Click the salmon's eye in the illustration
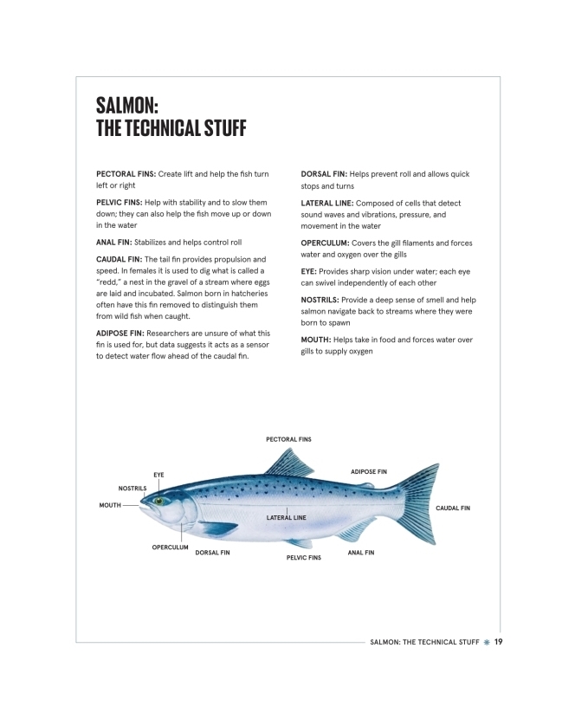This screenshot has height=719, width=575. (159, 501)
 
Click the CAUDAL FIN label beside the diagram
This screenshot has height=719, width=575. (453, 508)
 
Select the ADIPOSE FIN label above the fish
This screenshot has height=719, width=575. (368, 471)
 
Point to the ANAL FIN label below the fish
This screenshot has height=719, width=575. (360, 552)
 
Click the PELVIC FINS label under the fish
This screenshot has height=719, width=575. (304, 558)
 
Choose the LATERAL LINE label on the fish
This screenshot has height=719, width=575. (287, 517)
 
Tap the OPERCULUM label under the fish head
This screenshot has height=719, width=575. (171, 547)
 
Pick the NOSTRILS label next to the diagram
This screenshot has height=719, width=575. (132, 489)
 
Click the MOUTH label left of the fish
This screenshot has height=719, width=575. (110, 504)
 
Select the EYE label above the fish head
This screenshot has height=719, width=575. (158, 475)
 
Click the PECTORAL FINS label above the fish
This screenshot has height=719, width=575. (288, 440)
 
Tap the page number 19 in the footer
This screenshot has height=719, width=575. (500, 642)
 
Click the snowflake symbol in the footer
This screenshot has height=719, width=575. (488, 642)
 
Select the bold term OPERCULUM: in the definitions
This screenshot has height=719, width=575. (325, 243)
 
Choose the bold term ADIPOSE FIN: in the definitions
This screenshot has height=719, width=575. (126, 333)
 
